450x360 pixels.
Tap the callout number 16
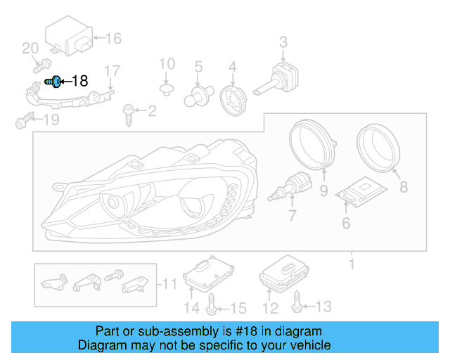[113, 38]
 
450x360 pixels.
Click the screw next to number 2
[129, 112]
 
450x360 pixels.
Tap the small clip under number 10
[167, 89]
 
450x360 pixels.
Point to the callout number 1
[351, 264]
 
